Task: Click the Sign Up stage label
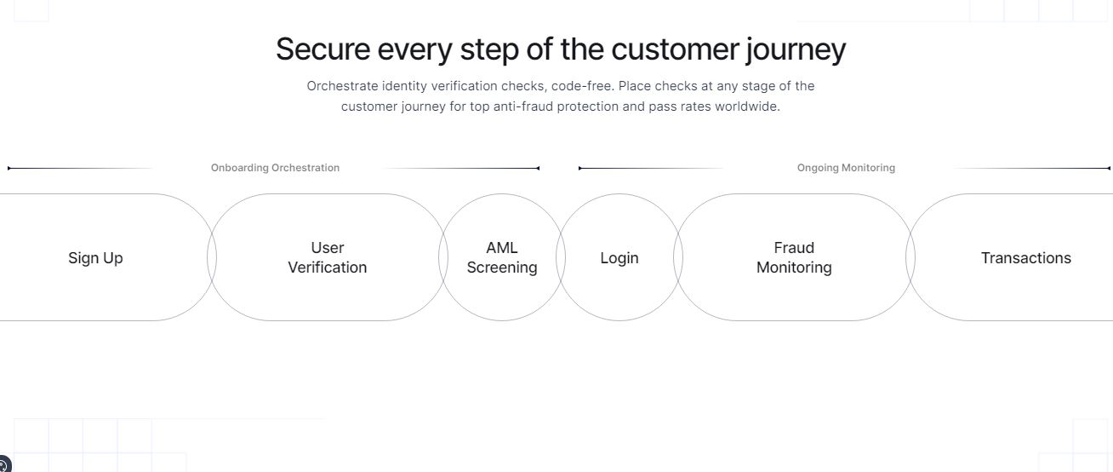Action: click(x=95, y=258)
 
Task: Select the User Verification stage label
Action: click(x=328, y=257)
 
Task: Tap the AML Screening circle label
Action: click(x=502, y=257)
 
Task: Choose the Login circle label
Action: click(x=619, y=258)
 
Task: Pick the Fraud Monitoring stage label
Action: click(x=794, y=257)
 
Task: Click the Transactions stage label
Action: click(x=1026, y=258)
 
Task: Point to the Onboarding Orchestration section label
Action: click(x=275, y=168)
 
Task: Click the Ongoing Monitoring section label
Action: click(x=846, y=168)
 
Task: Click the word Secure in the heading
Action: click(x=323, y=49)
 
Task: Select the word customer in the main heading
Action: click(x=675, y=49)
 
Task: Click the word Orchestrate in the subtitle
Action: click(x=342, y=86)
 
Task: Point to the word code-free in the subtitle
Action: click(x=583, y=86)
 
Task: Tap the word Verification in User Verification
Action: click(x=328, y=268)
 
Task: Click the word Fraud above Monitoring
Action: click(x=794, y=248)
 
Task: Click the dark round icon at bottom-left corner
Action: click(x=4, y=464)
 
